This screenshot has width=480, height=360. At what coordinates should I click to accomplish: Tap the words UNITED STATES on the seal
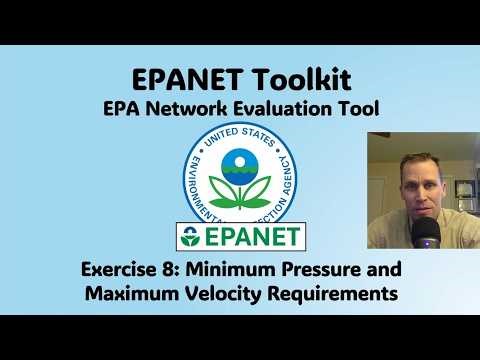pyautogui.click(x=239, y=135)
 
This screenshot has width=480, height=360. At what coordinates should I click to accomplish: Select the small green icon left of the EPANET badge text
pyautogui.click(x=191, y=237)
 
